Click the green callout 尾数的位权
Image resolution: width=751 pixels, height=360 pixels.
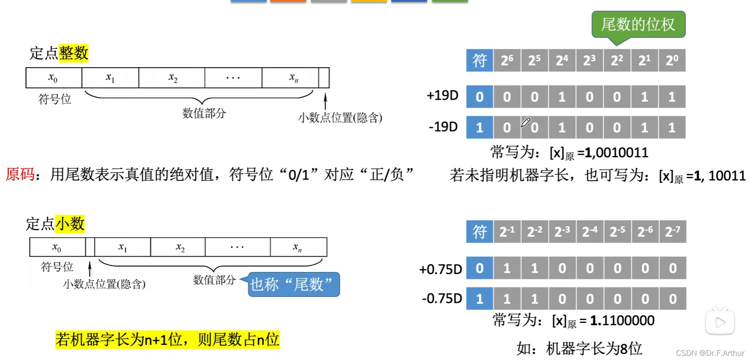(638, 25)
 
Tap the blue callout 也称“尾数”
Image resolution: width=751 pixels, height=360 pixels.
(294, 284)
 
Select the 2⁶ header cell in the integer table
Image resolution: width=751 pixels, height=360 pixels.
(507, 60)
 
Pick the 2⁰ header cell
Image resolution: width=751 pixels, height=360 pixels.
(672, 60)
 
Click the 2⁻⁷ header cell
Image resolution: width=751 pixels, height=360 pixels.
(672, 232)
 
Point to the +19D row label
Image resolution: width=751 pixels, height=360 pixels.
(442, 96)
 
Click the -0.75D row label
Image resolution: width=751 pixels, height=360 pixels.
(442, 299)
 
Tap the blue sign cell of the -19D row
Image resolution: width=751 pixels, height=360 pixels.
(480, 127)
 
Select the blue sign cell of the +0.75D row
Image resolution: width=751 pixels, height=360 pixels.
(480, 268)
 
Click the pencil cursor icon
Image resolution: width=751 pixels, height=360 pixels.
(525, 123)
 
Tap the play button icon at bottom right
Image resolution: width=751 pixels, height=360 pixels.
(720, 322)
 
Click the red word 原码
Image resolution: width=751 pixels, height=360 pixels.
(20, 174)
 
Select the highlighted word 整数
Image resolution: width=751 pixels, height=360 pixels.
(73, 53)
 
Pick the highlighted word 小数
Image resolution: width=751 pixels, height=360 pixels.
(70, 224)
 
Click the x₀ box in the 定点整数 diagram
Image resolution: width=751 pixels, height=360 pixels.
(53, 78)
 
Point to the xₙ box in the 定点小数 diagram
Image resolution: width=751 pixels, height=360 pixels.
(298, 247)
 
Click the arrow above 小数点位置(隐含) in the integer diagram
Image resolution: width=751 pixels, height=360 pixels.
(325, 101)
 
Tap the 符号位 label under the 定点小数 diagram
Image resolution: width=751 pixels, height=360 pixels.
(57, 267)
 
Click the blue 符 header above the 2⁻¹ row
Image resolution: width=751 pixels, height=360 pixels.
(480, 232)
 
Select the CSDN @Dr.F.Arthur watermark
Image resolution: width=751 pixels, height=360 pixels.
(710, 353)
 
